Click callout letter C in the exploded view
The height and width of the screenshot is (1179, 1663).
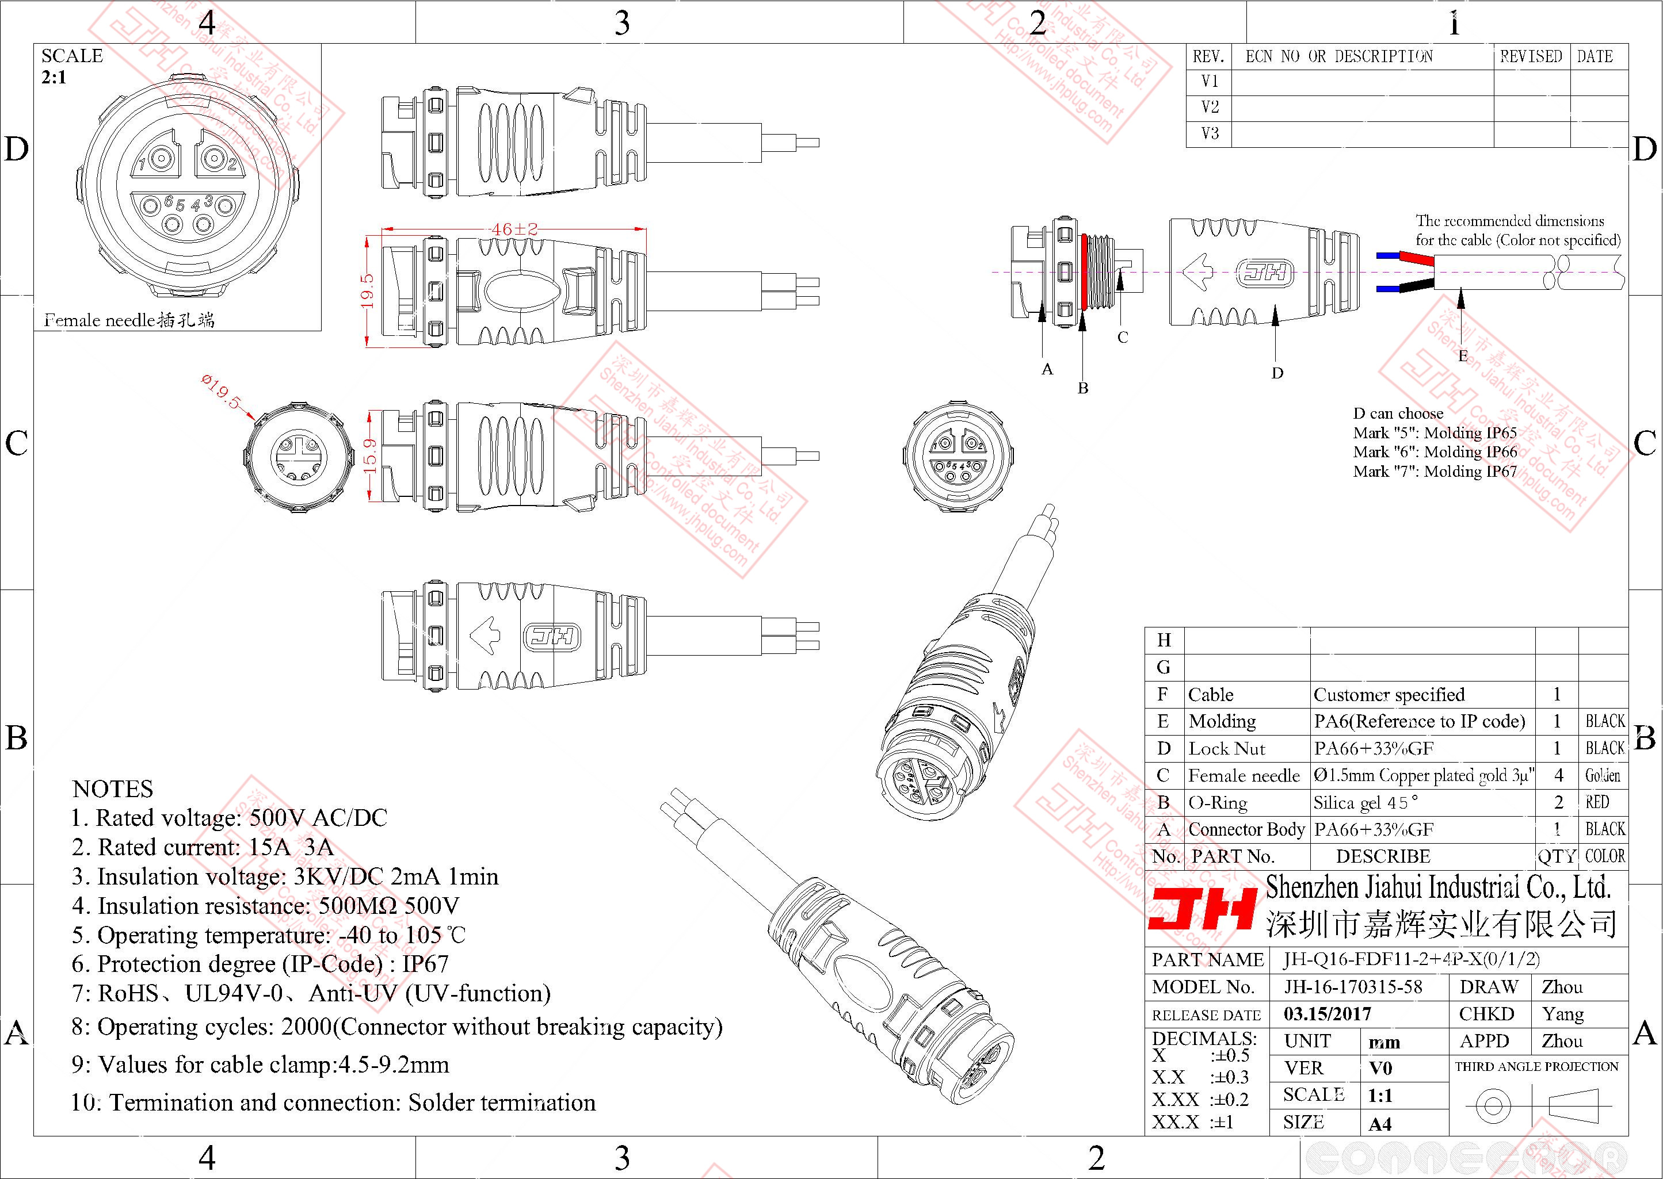(1123, 338)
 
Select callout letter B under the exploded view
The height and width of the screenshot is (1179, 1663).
(1083, 388)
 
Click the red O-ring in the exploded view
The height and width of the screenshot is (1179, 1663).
(1084, 271)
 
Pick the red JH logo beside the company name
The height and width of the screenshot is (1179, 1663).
(1202, 910)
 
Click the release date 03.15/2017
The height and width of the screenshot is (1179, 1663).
(1328, 1013)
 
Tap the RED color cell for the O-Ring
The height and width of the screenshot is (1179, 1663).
(1597, 802)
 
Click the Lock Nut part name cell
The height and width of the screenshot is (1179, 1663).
(1227, 748)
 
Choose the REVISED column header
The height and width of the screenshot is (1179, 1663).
(1531, 56)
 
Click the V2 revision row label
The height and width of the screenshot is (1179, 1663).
(1210, 108)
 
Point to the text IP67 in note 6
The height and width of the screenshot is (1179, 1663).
(426, 964)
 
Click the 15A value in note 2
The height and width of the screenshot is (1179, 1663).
(269, 847)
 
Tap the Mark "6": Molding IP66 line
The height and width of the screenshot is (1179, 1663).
(1435, 451)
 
